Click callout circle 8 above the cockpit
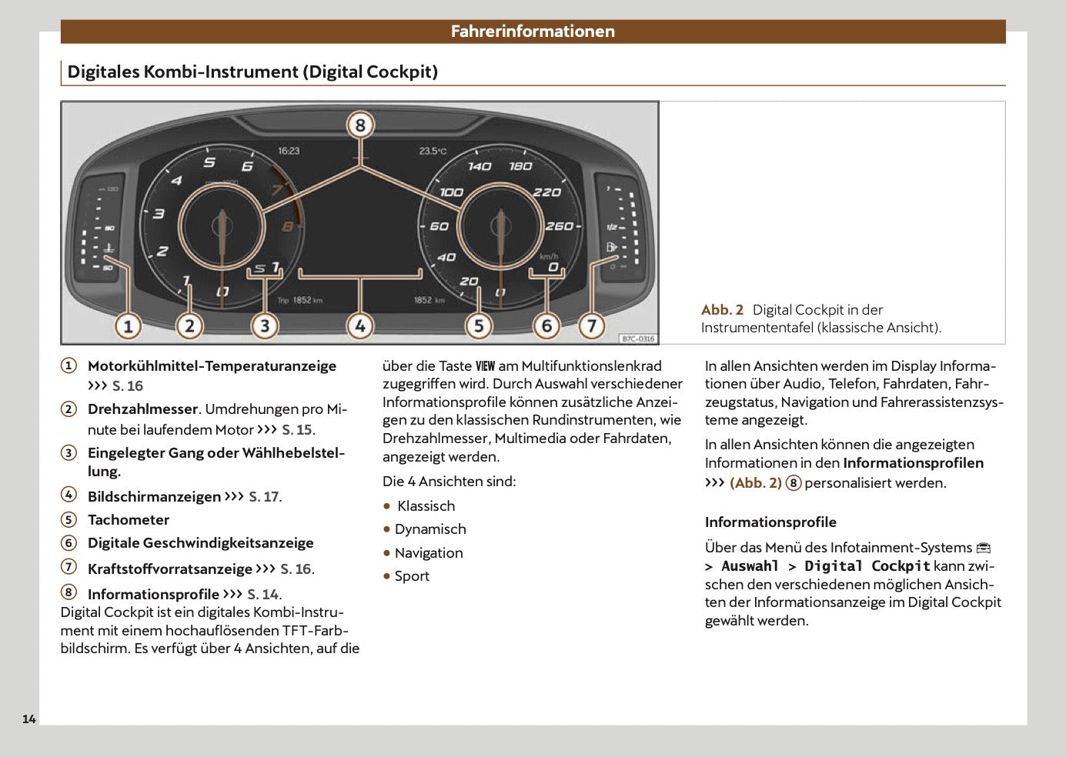tap(359, 125)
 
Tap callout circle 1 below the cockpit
tap(128, 326)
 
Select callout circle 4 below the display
tap(359, 326)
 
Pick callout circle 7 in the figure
tap(591, 326)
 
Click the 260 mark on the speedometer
tap(559, 225)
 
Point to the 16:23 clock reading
tap(289, 151)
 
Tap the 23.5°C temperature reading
tap(432, 152)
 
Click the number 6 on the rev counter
tap(247, 166)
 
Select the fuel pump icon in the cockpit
tap(611, 247)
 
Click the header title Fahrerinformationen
tap(533, 32)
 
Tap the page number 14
tap(29, 719)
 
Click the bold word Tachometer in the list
tap(129, 520)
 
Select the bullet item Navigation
tap(429, 553)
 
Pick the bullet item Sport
tap(412, 576)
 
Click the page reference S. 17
tap(264, 497)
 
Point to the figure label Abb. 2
tap(722, 310)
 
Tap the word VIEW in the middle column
tap(485, 366)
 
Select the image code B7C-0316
tap(637, 338)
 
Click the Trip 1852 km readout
tap(300, 300)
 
